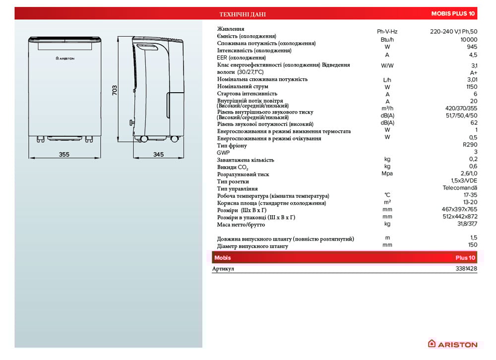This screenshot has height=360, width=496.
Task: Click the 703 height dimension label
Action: [115, 90]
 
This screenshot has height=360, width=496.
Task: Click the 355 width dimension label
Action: [64, 155]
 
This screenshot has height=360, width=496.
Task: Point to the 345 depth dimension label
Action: [158, 155]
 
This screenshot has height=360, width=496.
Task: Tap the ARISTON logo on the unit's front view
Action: [65, 59]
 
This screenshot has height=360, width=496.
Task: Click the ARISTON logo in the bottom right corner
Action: [453, 344]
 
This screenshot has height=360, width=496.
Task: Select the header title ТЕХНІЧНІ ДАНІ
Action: [243, 14]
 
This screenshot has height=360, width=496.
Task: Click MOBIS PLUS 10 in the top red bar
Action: [453, 14]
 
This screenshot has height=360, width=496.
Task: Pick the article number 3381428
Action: [466, 269]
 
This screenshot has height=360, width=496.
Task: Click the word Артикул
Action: [223, 269]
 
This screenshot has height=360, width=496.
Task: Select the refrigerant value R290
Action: [469, 145]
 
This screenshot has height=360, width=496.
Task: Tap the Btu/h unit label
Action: [387, 40]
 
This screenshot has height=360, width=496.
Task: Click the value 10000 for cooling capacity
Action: [469, 40]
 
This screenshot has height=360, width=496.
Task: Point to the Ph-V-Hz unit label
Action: [387, 31]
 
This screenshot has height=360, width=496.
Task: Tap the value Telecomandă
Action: [460, 188]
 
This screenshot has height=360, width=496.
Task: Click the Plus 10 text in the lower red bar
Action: [465, 258]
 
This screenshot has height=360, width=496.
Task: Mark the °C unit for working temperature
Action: [387, 195]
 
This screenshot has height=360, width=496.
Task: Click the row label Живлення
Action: [231, 29]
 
